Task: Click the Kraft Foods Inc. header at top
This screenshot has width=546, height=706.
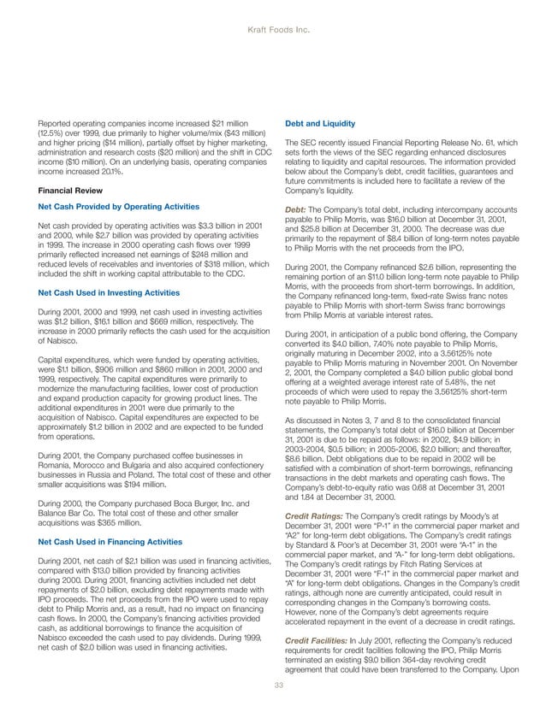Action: (273, 28)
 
